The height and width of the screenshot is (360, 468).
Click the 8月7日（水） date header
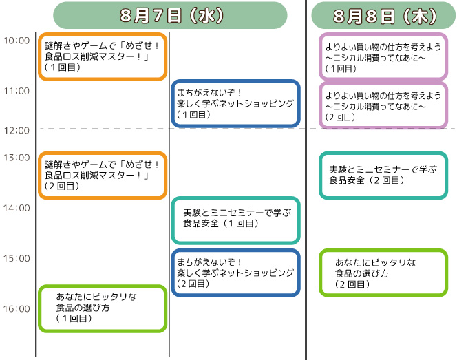pyautogui.click(x=170, y=15)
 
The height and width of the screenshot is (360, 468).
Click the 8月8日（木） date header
pyautogui.click(x=383, y=15)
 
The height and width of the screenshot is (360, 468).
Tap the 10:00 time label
pyautogui.click(x=17, y=41)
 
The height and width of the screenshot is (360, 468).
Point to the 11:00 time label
pyautogui.click(x=17, y=91)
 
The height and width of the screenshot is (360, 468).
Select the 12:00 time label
pyautogui.click(x=17, y=130)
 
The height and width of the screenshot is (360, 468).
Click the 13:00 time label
pyautogui.click(x=17, y=158)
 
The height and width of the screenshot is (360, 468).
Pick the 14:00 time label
pyautogui.click(x=17, y=208)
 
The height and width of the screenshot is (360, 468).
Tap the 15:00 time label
pyautogui.click(x=17, y=258)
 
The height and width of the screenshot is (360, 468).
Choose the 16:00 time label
pyautogui.click(x=17, y=308)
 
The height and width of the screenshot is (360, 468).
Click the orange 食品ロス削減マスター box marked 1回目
pyautogui.click(x=103, y=56)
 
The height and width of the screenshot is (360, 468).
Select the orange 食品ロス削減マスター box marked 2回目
pyautogui.click(x=103, y=176)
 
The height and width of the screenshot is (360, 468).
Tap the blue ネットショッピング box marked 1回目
pyautogui.click(x=235, y=104)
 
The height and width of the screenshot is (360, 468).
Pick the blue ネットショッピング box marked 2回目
pyautogui.click(x=235, y=273)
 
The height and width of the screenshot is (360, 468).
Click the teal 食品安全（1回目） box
pyautogui.click(x=235, y=220)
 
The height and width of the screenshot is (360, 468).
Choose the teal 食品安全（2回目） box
pyautogui.click(x=383, y=176)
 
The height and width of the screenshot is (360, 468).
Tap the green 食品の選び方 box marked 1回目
pyautogui.click(x=103, y=308)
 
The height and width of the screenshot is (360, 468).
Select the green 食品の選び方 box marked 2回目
pyautogui.click(x=383, y=273)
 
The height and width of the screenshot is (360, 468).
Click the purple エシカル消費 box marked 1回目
pyautogui.click(x=383, y=56)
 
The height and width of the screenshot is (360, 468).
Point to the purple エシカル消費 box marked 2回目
pyautogui.click(x=383, y=105)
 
